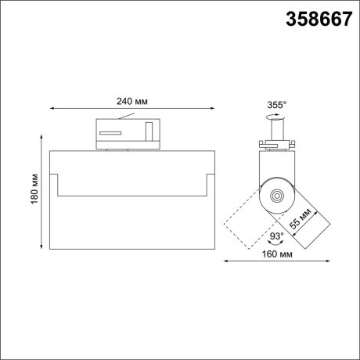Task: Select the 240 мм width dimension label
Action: [131, 101]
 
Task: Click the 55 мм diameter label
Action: [301, 218]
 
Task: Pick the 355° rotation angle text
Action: [276, 105]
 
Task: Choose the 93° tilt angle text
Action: [276, 235]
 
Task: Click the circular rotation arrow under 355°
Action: [274, 117]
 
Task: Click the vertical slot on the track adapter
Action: [146, 130]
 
